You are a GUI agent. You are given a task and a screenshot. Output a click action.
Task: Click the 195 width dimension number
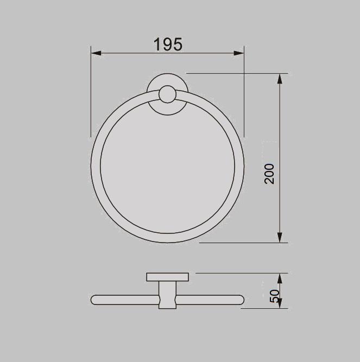click(x=168, y=44)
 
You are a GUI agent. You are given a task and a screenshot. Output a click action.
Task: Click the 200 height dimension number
click(x=270, y=174)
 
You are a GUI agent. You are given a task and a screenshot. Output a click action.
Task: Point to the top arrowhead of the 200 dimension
click(x=280, y=78)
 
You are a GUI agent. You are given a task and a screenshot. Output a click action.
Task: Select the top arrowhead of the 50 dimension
click(x=280, y=278)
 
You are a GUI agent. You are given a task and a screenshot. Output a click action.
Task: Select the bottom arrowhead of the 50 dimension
click(x=280, y=304)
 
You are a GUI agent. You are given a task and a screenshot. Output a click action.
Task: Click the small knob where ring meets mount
click(x=166, y=97)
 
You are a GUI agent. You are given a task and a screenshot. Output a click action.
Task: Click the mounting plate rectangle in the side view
click(x=167, y=278)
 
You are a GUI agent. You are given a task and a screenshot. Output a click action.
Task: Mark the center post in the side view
click(x=167, y=296)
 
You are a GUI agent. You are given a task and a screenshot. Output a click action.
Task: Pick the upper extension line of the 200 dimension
click(x=239, y=73)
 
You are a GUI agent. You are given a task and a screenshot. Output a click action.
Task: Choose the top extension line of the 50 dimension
click(x=239, y=273)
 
